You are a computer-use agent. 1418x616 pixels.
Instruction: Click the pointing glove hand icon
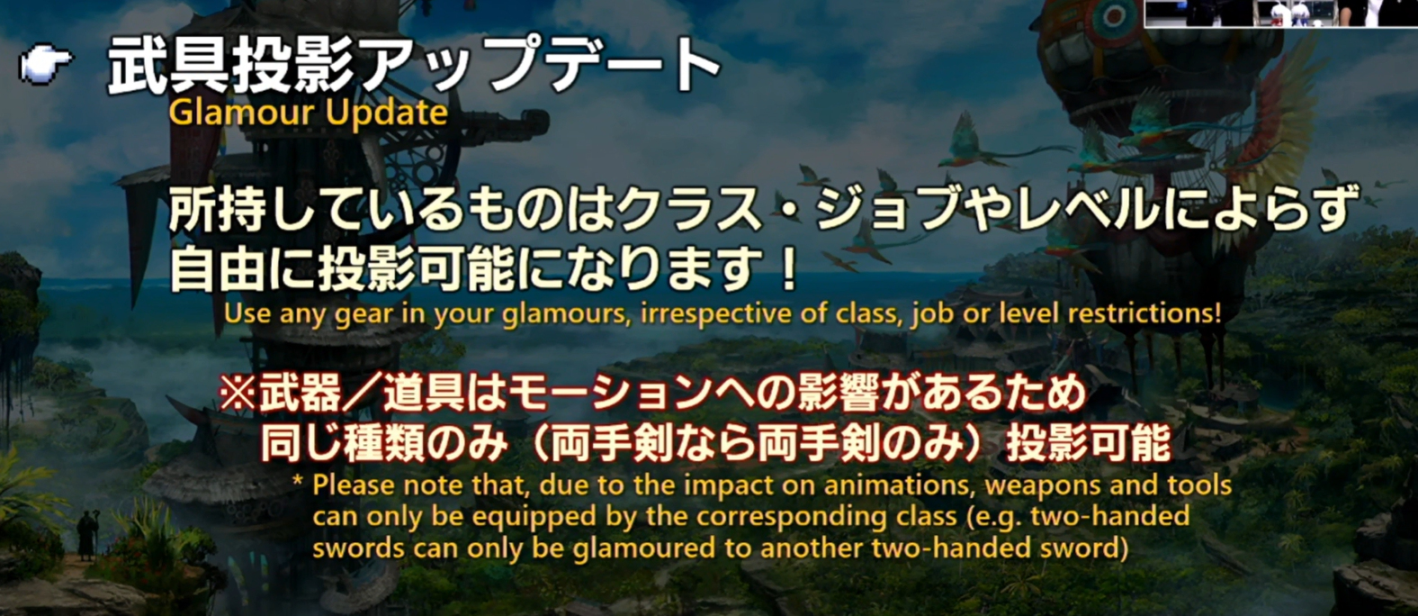(x=46, y=63)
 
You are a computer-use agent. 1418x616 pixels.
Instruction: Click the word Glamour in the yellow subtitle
(x=241, y=113)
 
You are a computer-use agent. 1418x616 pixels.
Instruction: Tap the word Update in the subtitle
(x=387, y=113)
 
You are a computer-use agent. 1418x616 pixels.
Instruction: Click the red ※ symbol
(x=238, y=394)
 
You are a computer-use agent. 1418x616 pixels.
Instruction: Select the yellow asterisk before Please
(x=298, y=481)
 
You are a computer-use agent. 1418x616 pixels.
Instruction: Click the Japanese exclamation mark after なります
(x=788, y=270)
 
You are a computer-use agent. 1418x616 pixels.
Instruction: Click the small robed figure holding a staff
(x=86, y=536)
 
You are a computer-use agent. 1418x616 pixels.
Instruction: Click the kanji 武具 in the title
(x=167, y=66)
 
